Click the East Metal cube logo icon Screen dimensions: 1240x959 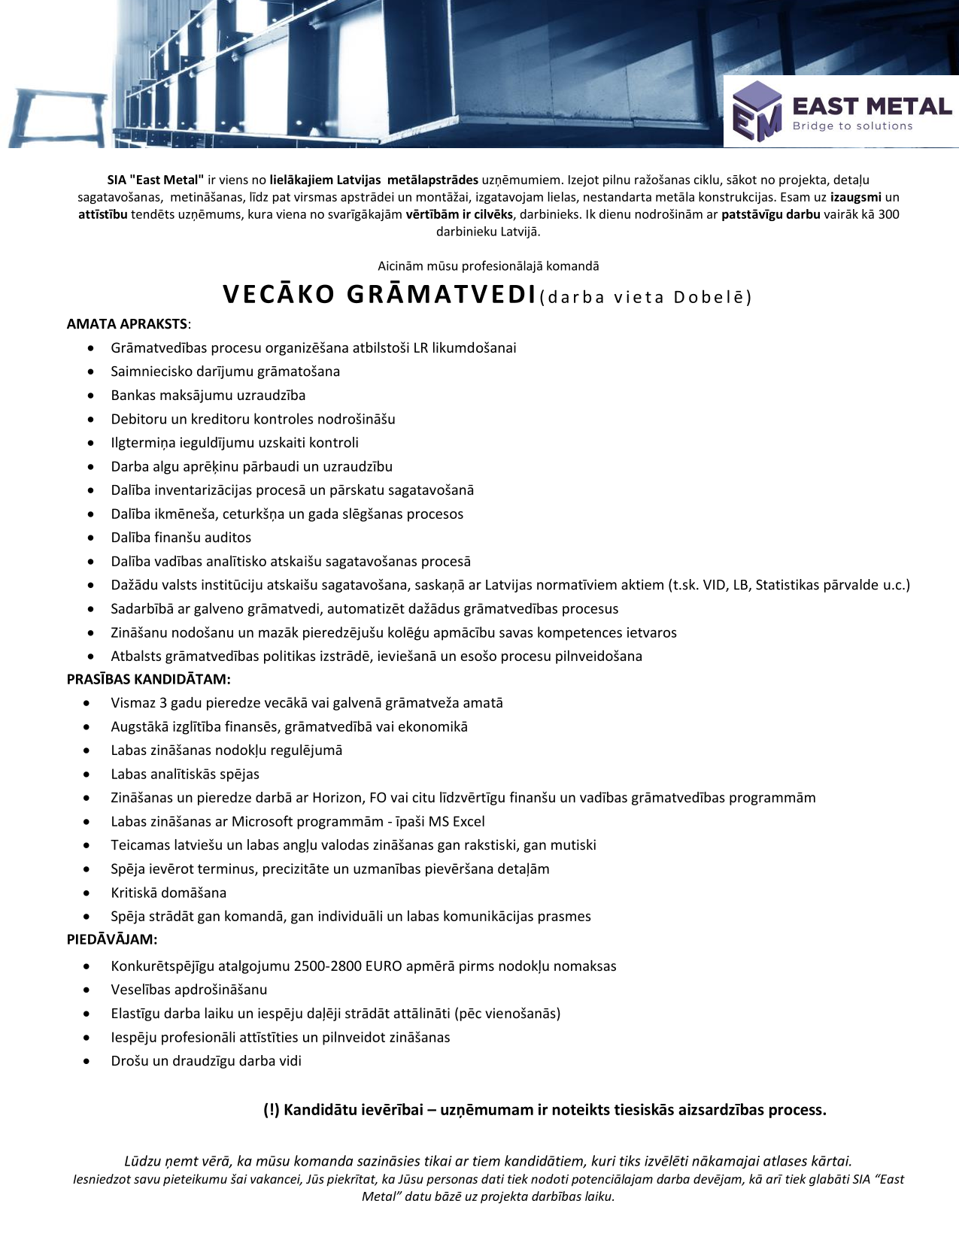point(757,111)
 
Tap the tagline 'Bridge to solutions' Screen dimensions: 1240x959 point(852,126)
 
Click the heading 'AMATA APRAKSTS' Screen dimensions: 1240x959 point(127,324)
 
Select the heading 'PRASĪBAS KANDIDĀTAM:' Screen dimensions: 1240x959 point(148,679)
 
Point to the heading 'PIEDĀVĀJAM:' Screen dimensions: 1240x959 point(112,939)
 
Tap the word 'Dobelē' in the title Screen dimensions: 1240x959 point(709,297)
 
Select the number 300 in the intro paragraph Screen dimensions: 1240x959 point(888,214)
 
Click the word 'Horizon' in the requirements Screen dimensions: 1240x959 point(338,798)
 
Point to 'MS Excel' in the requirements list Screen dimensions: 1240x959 point(457,821)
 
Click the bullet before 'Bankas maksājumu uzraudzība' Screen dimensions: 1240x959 point(91,396)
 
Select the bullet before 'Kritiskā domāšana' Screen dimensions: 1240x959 point(89,893)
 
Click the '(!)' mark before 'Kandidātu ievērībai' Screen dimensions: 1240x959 point(272,1110)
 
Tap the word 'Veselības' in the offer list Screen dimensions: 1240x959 point(140,990)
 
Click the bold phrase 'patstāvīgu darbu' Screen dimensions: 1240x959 point(770,214)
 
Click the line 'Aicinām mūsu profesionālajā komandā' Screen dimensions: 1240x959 point(488,266)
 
